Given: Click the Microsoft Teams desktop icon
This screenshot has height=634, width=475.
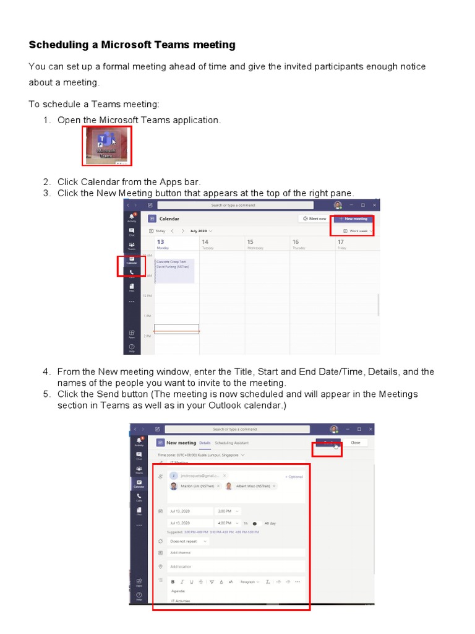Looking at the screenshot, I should click(x=106, y=146).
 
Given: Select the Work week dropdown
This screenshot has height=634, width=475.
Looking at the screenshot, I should click(x=357, y=230).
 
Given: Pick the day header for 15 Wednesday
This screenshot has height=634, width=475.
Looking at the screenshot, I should click(x=255, y=244).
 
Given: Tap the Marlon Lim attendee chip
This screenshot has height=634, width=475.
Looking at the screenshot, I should click(x=195, y=487).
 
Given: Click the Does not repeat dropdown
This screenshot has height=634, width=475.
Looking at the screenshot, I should click(x=188, y=541).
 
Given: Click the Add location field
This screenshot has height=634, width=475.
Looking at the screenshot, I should click(x=235, y=567).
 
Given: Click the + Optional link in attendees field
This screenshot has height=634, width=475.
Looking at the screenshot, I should click(x=294, y=477).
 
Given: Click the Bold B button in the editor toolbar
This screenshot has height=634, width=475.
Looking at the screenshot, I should click(x=173, y=582).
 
